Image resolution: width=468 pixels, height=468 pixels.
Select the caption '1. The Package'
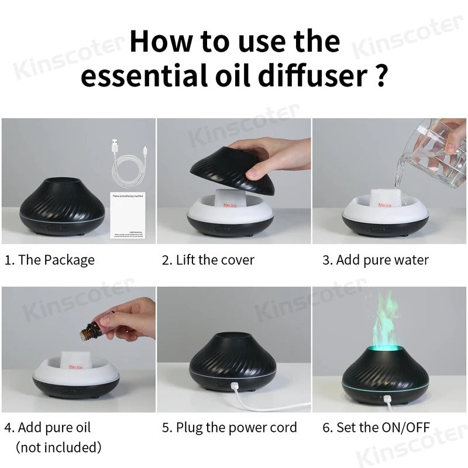click(x=49, y=260)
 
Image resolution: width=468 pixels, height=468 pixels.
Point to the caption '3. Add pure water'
click(x=375, y=260)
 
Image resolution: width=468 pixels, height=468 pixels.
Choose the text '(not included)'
click(x=58, y=448)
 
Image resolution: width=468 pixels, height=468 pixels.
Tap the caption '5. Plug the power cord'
click(x=229, y=427)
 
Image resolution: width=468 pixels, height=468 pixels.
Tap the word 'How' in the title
click(x=160, y=42)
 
